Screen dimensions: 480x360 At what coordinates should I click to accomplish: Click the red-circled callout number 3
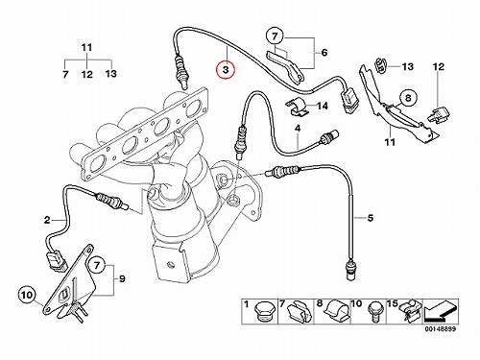point(226,70)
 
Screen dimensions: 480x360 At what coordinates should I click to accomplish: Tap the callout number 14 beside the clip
point(323,106)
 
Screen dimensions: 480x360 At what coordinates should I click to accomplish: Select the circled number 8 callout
point(408,98)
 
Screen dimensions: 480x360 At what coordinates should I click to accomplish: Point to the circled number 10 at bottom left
point(28,295)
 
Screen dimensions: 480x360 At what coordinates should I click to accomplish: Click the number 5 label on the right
point(371,218)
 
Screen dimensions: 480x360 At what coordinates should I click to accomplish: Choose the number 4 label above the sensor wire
point(298,129)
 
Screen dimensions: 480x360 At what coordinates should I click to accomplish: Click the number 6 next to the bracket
point(324,52)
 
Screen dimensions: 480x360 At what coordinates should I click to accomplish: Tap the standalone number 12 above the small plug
point(439,67)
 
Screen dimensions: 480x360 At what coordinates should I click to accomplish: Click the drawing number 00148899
point(440,329)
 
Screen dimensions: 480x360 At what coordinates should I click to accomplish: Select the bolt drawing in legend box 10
point(374,311)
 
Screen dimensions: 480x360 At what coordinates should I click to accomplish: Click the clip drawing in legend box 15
point(411,312)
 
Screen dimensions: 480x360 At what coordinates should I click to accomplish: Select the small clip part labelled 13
point(380,65)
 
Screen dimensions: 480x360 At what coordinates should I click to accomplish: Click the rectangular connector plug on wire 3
point(349,100)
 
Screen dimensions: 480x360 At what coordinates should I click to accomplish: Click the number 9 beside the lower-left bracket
point(122,279)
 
